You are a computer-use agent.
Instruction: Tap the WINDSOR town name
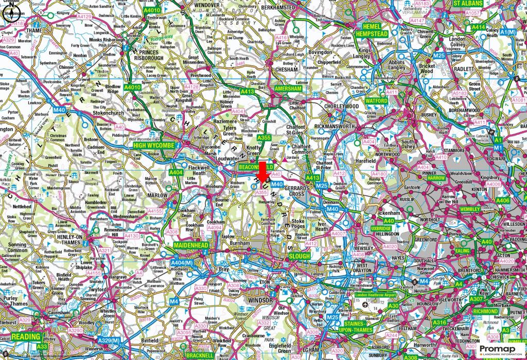[x=260, y=300]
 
